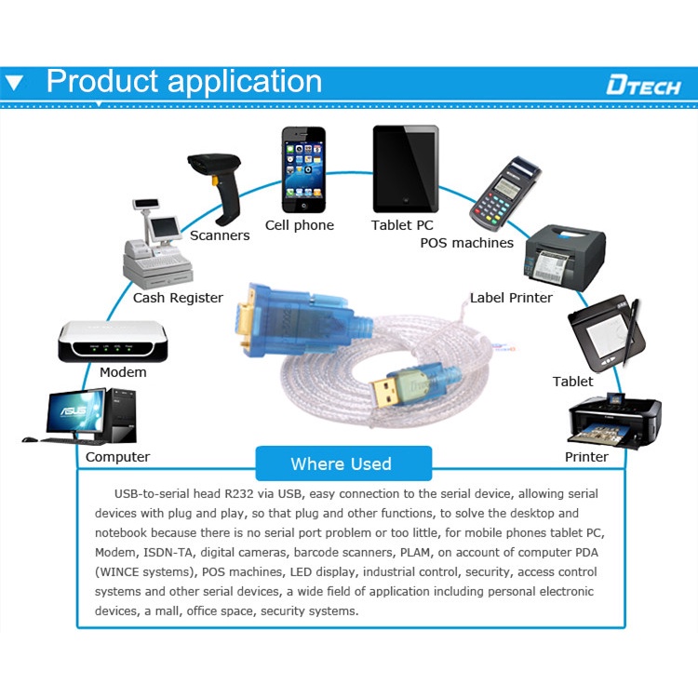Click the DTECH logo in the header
[643, 86]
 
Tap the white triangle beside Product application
[13, 83]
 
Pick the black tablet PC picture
[405, 168]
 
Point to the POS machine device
[503, 193]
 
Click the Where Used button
[342, 463]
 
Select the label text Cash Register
[178, 298]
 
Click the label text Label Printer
[511, 298]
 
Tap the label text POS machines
[466, 243]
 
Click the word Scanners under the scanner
[220, 235]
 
